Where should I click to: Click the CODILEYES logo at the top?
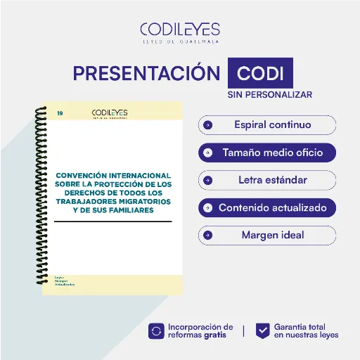coord(179,32)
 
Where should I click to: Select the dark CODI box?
coord(260,73)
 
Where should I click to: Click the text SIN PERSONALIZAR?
coord(269,94)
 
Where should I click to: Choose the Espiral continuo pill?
coord(267,125)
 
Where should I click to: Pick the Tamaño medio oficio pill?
coord(267,153)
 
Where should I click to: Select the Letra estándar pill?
coord(267,180)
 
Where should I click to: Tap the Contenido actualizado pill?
coord(267,207)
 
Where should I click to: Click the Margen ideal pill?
coord(267,235)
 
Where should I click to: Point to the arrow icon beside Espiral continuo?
coord(207,126)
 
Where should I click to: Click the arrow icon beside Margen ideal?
coord(207,235)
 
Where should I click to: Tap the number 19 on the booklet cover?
coord(60,112)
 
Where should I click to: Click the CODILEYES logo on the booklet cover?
coord(110,113)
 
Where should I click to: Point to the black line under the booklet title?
coord(112,221)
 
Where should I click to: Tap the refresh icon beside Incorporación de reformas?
coord(156,330)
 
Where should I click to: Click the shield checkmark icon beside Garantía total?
coord(262,330)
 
